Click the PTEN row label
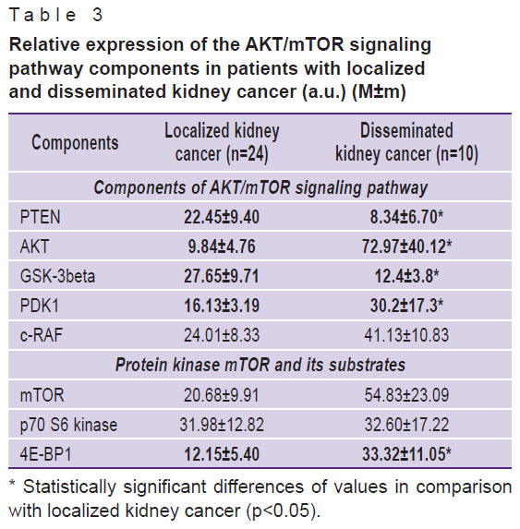pos(40,217)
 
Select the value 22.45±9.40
pos(222,217)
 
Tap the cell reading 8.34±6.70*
pos(406,217)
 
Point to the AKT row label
pos(34,246)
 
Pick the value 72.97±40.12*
pos(406,246)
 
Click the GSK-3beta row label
pos(57,276)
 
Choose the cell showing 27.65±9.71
pos(222,276)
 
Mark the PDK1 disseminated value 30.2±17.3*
pos(406,306)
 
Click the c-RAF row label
pos(42,335)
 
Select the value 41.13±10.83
pos(406,335)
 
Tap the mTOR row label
pos(42,395)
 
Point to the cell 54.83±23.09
pos(406,395)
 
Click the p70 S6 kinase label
pos(68,425)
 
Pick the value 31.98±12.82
pos(222,425)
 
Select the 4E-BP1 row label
pos(46,454)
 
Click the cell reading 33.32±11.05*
pos(406,454)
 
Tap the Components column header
pos(75,143)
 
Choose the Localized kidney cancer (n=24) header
pos(222,143)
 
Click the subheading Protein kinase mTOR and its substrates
pos(260,366)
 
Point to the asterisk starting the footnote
pos(13,484)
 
